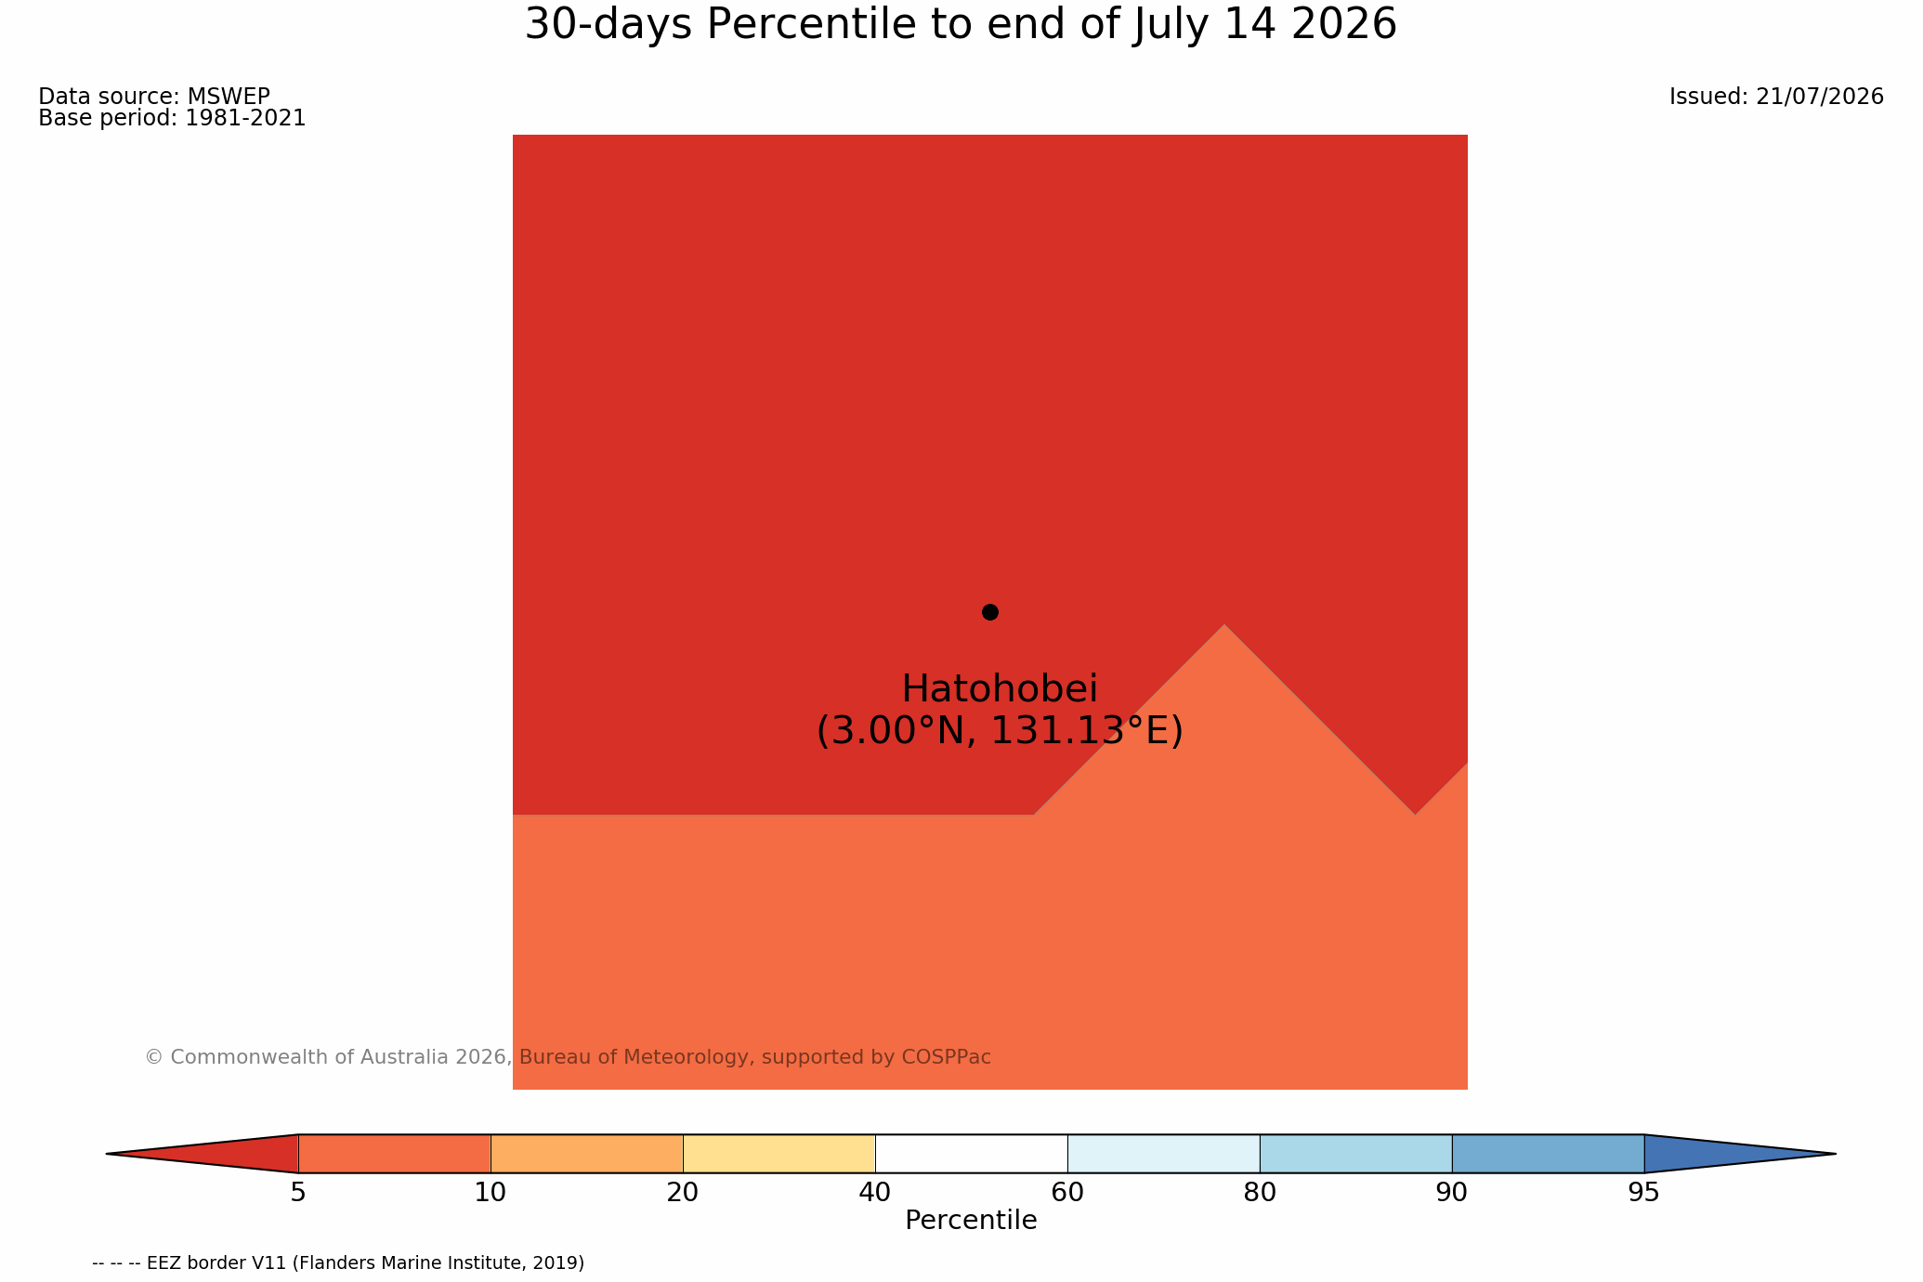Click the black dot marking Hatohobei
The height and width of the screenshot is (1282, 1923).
click(990, 612)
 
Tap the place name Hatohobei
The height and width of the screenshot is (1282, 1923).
click(1000, 689)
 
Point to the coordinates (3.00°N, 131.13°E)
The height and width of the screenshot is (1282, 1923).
click(1000, 731)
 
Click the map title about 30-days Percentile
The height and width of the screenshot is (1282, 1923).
click(961, 24)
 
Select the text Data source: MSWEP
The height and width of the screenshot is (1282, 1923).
click(154, 97)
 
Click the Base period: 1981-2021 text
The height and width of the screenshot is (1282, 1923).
click(172, 119)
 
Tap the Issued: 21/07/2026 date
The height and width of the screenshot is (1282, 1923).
click(1776, 97)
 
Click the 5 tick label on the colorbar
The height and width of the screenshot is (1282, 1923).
click(298, 1193)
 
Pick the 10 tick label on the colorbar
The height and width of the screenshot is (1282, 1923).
click(491, 1193)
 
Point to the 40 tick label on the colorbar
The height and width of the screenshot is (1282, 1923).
click(875, 1193)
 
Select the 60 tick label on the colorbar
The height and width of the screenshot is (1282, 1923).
click(1067, 1193)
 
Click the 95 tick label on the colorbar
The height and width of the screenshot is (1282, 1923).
click(1644, 1193)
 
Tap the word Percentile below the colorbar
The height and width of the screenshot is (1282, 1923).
click(971, 1221)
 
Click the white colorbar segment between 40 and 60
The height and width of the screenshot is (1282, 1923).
click(971, 1154)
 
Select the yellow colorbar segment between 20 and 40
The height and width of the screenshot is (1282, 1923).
click(778, 1154)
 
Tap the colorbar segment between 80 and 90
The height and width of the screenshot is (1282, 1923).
click(1355, 1154)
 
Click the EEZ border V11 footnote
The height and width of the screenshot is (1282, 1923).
click(338, 1263)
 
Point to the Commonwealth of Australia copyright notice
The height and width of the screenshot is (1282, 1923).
click(568, 1057)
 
